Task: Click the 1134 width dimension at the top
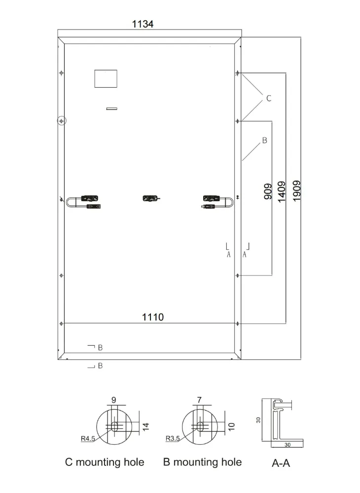[x=143, y=24]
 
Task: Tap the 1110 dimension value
[x=153, y=317]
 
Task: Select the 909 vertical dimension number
[x=268, y=191]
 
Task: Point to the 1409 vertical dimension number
[x=282, y=192]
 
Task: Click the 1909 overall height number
[x=296, y=191]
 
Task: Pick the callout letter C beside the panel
[x=268, y=99]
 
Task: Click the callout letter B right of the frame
[x=264, y=140]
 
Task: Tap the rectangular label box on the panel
[x=106, y=78]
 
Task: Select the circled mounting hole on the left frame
[x=62, y=121]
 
